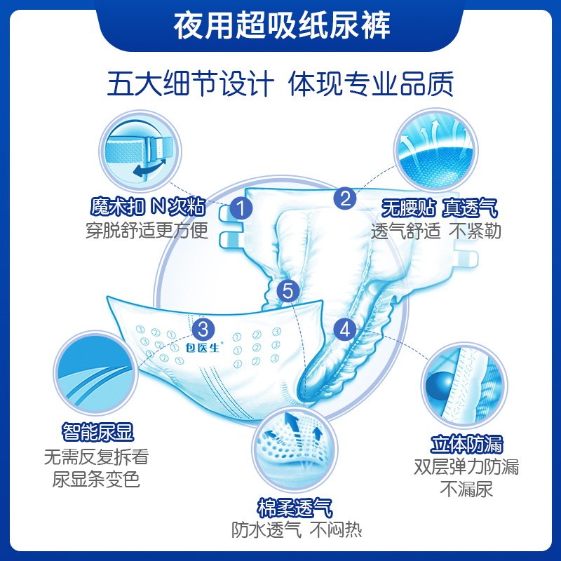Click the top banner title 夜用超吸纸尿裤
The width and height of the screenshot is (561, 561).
point(280,29)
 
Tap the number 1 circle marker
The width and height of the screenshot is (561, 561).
point(241,208)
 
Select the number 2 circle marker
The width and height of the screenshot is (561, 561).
point(345,198)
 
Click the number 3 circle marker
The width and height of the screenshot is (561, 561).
point(203,327)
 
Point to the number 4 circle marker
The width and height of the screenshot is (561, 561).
point(345,328)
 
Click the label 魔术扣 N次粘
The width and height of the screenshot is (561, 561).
point(147,208)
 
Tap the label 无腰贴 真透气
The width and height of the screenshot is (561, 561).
point(439,208)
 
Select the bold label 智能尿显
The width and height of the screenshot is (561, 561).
point(97,430)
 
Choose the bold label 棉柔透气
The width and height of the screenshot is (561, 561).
point(295,508)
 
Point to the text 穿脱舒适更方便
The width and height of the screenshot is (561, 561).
point(147,230)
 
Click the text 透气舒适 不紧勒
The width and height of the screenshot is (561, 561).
point(436,231)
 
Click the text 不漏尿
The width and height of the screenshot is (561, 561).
point(466,489)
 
